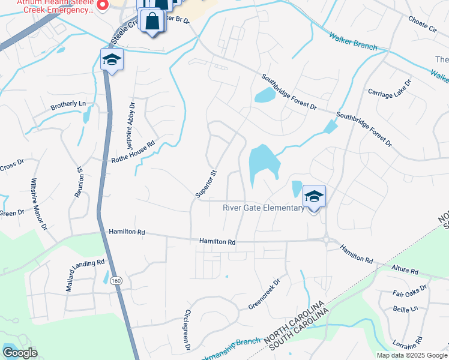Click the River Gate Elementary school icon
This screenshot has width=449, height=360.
pyautogui.click(x=313, y=196)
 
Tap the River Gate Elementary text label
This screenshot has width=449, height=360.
pyautogui.click(x=263, y=208)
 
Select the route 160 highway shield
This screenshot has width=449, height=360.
pyautogui.click(x=116, y=280)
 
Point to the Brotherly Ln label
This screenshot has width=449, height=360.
pyautogui.click(x=68, y=104)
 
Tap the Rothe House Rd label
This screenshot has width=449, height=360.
pyautogui.click(x=133, y=152)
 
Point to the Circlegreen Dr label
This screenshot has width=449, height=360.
pyautogui.click(x=187, y=330)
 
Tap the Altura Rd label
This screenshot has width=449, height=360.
pyautogui.click(x=405, y=271)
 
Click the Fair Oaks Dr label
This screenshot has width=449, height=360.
pyautogui.click(x=410, y=291)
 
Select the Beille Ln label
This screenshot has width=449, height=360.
pyautogui.click(x=405, y=308)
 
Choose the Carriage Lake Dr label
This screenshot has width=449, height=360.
pyautogui.click(x=390, y=89)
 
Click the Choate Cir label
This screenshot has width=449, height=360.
pyautogui.click(x=423, y=27)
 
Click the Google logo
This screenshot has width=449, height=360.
pyautogui.click(x=20, y=353)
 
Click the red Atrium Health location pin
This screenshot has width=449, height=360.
pyautogui.click(x=101, y=5)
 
